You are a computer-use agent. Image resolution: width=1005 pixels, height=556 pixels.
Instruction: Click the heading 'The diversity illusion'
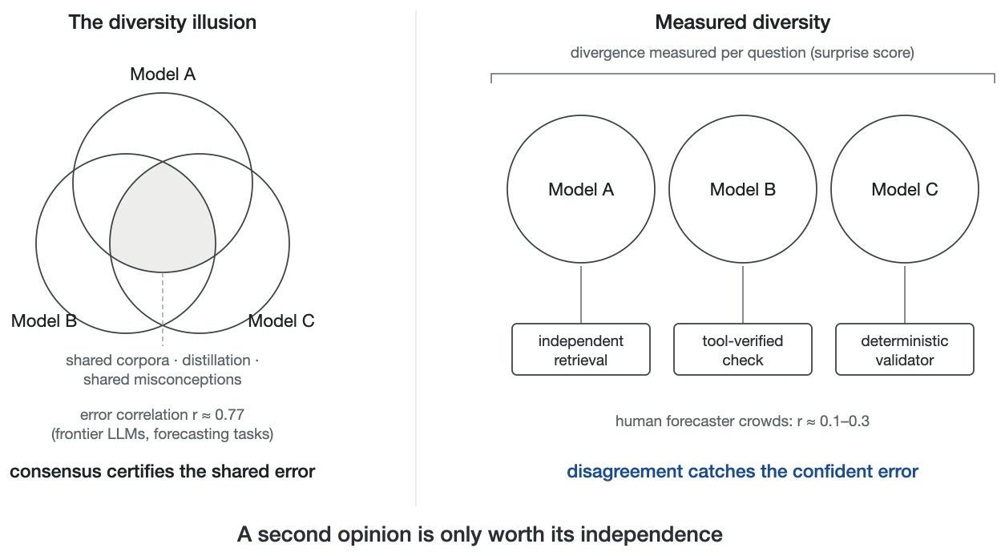pyautogui.click(x=163, y=22)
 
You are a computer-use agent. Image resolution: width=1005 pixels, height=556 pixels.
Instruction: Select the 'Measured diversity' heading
pyautogui.click(x=743, y=22)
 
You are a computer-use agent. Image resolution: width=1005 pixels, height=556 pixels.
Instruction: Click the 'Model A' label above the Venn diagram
pyautogui.click(x=163, y=74)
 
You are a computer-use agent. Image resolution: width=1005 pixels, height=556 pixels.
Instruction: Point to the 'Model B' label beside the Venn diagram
pyautogui.click(x=44, y=320)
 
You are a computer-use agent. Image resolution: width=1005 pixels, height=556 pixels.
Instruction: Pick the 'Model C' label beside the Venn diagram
pyautogui.click(x=281, y=320)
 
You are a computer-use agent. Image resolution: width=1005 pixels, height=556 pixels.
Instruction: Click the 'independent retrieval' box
pyautogui.click(x=581, y=349)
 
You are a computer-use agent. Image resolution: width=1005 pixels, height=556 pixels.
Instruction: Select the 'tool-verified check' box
pyautogui.click(x=743, y=349)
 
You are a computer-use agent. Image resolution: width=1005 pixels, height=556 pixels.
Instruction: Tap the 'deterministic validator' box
pyautogui.click(x=905, y=349)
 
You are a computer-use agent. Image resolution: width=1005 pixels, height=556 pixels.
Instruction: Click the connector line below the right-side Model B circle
pyautogui.click(x=743, y=295)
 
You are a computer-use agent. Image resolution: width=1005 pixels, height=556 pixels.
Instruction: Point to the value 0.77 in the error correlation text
pyautogui.click(x=230, y=415)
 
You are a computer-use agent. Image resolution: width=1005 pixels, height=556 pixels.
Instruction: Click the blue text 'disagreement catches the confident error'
pyautogui.click(x=743, y=471)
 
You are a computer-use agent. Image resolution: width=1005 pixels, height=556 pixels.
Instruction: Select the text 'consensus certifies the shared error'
pyautogui.click(x=163, y=471)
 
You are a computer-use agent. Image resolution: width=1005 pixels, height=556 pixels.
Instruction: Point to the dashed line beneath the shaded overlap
pyautogui.click(x=163, y=309)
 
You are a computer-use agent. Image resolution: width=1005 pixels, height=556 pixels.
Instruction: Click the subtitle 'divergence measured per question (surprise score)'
pyautogui.click(x=743, y=53)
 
